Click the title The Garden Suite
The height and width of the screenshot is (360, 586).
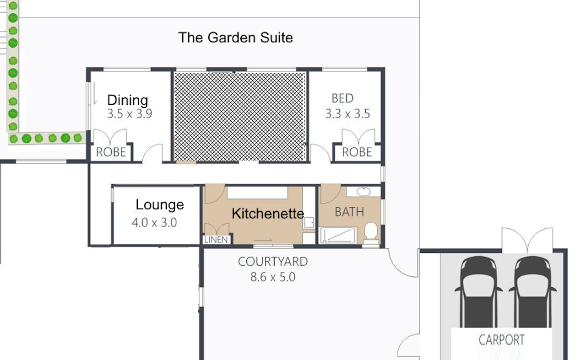(235, 38)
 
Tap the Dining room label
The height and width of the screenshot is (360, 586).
(128, 100)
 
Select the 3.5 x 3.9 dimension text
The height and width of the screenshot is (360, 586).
(130, 114)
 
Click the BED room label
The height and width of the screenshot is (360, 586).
(342, 98)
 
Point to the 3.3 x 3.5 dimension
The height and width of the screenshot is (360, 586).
(347, 114)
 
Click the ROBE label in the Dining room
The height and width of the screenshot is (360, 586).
(111, 152)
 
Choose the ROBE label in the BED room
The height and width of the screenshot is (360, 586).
(357, 152)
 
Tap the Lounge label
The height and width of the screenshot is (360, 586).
(160, 205)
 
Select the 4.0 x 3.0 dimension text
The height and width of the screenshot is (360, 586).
(154, 222)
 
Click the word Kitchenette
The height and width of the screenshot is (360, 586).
(268, 214)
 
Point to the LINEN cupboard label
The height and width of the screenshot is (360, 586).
(216, 240)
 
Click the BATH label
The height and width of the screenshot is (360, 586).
(349, 212)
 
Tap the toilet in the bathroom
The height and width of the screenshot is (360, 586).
(371, 234)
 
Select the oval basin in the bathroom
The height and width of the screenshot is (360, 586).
(364, 192)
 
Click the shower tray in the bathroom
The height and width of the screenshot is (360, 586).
(338, 235)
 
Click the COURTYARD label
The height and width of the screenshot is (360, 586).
(273, 262)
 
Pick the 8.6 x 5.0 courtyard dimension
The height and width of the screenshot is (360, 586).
(273, 277)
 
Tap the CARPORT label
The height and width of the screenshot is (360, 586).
(501, 340)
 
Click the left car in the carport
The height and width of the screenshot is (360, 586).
(478, 291)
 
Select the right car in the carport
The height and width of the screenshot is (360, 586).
(532, 291)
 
